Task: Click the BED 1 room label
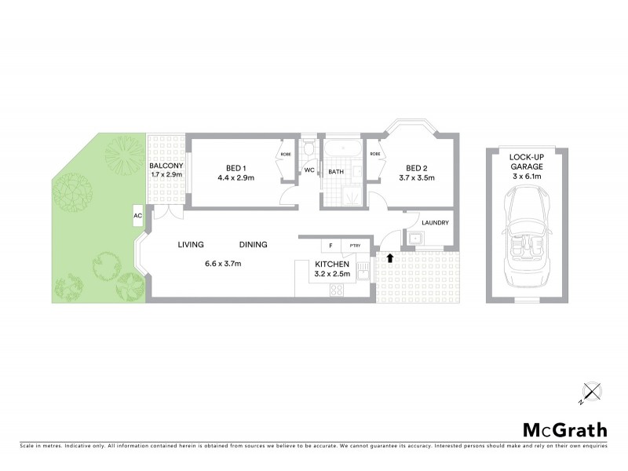click(233, 168)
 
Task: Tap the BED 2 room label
click(415, 168)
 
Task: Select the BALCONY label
click(166, 166)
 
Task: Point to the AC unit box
click(138, 215)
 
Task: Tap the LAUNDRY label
click(435, 223)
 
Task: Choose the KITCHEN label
click(331, 265)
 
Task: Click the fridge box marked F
click(330, 245)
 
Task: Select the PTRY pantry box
click(356, 245)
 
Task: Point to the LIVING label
click(192, 244)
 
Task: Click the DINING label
click(254, 244)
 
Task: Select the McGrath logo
click(565, 429)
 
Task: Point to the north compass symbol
click(590, 391)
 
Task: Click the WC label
click(309, 170)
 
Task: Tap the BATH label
click(336, 171)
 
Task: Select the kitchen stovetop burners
click(335, 288)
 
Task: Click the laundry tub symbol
click(414, 239)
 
